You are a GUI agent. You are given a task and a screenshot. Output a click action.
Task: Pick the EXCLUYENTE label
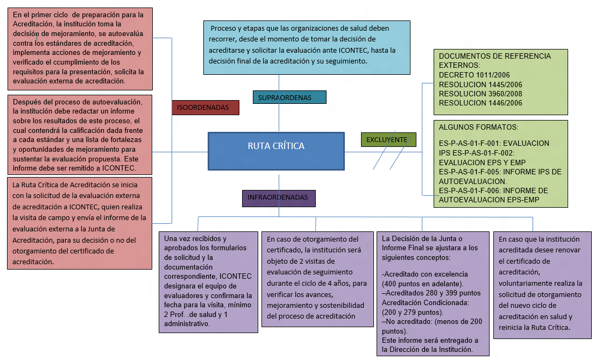[x=387, y=140]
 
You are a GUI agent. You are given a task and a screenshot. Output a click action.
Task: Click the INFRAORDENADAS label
[x=278, y=198]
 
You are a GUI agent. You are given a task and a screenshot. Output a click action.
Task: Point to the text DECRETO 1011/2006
[x=474, y=75]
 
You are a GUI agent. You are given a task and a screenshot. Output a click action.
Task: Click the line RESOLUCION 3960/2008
[x=480, y=94]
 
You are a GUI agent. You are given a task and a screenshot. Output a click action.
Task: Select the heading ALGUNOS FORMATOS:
[x=479, y=128]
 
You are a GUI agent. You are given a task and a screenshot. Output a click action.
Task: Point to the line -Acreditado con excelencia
[x=425, y=274]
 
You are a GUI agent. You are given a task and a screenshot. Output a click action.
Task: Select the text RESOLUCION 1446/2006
[x=480, y=103]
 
